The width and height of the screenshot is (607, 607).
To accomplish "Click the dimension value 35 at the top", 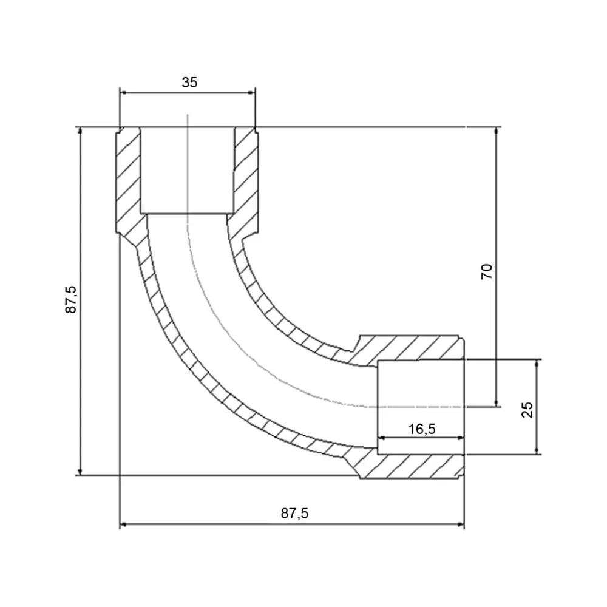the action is click(x=189, y=83).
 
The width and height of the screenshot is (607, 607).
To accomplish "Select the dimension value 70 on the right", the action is click(x=487, y=271).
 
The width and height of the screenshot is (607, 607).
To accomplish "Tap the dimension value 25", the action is click(x=527, y=410).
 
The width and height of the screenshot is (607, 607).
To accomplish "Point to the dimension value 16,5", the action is click(x=422, y=429).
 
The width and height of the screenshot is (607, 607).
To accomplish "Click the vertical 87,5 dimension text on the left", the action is click(x=71, y=299).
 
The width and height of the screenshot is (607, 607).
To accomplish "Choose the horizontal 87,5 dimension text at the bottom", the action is click(x=294, y=514).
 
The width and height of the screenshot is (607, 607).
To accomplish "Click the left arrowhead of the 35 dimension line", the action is click(x=123, y=92).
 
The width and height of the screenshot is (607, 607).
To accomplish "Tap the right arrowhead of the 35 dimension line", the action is click(x=252, y=92).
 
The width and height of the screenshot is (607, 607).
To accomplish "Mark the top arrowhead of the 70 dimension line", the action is click(x=497, y=131).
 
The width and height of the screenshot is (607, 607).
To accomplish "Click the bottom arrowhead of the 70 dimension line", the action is click(x=497, y=403).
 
